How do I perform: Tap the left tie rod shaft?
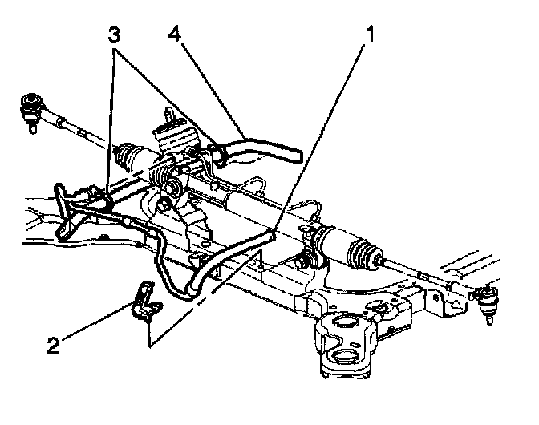76,127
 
